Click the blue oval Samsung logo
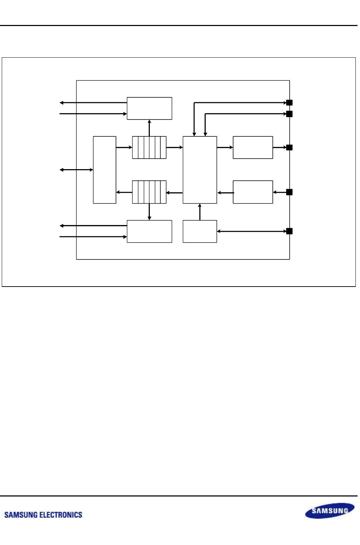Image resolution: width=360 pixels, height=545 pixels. coord(329,511)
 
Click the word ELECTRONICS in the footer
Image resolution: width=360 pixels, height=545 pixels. coord(60,515)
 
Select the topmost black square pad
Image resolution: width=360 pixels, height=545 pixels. coord(289,103)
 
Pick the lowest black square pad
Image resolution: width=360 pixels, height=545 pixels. coord(289,231)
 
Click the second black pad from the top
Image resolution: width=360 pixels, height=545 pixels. coord(289,114)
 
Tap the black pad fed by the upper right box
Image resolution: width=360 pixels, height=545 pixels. coord(289,147)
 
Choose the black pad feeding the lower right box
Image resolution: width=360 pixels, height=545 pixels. coord(289,192)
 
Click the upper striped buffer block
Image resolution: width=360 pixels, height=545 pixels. coord(149,147)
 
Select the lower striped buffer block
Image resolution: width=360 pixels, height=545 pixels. coord(149,192)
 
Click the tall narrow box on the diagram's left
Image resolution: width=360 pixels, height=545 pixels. coord(104,170)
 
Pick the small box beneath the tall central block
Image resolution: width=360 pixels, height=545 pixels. coord(200,231)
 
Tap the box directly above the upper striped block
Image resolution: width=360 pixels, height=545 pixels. coord(149,108)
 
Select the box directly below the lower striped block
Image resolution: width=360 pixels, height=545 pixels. coord(149,231)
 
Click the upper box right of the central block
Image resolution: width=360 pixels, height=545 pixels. coord(253,147)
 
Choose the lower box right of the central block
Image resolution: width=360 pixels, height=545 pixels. coord(253,192)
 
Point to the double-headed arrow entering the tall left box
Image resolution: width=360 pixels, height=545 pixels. coord(76,170)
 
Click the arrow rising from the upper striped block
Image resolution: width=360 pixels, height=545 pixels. coord(149,128)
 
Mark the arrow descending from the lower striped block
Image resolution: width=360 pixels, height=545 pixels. coord(149,212)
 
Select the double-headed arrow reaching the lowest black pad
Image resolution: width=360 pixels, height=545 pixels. coord(252,231)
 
